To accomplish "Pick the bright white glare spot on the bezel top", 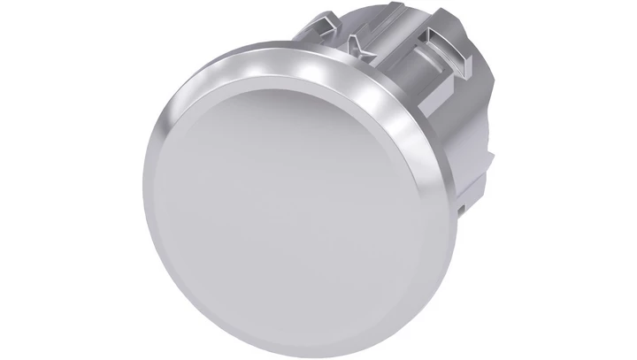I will coord(265,66).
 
